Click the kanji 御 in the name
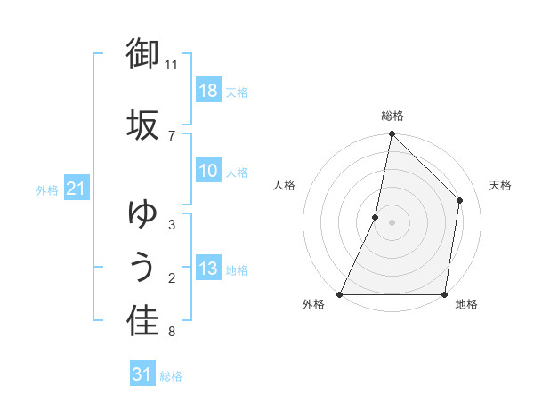(142, 54)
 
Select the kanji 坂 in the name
(142, 124)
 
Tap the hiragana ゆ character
(142, 213)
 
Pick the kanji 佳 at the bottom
(142, 322)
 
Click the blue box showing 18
(208, 91)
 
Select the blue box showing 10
(208, 171)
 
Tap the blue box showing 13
(208, 269)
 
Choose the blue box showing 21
(76, 189)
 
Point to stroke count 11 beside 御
(172, 64)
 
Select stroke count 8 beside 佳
(172, 332)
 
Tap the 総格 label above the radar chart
(392, 116)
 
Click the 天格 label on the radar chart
(501, 185)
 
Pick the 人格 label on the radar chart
(284, 185)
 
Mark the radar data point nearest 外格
(340, 294)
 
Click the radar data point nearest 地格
(445, 294)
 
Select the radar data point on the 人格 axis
(376, 217)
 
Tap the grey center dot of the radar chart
(392, 222)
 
